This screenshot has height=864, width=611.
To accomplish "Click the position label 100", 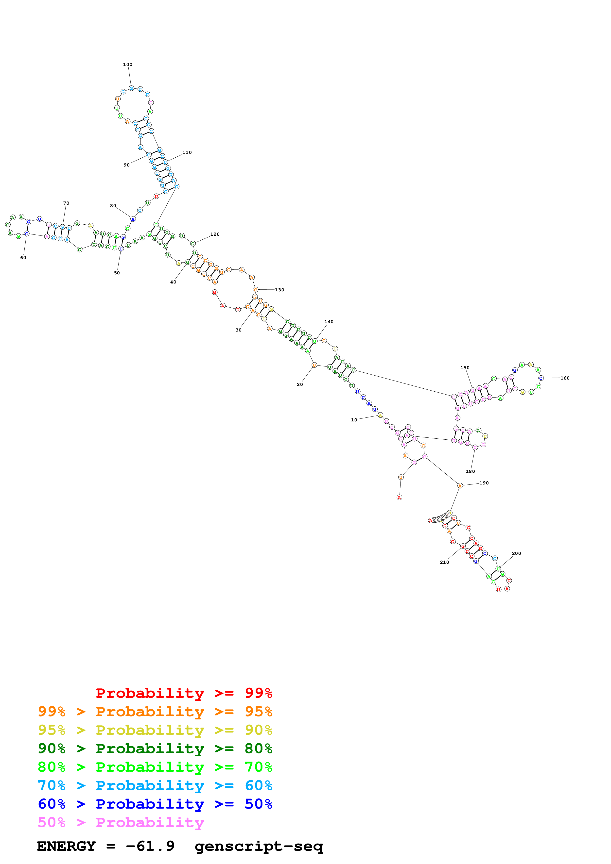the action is pyautogui.click(x=128, y=64).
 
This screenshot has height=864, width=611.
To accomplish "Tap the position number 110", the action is pyautogui.click(x=187, y=152).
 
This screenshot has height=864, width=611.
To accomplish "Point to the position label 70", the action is pyautogui.click(x=66, y=203).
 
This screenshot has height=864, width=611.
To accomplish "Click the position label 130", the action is pyautogui.click(x=279, y=290).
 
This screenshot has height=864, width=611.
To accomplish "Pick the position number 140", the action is pyautogui.click(x=329, y=322).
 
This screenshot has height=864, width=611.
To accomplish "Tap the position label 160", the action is pyautogui.click(x=565, y=378).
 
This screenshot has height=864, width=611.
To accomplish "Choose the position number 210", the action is pyautogui.click(x=444, y=562).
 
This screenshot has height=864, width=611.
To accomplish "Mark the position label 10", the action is pyautogui.click(x=354, y=420).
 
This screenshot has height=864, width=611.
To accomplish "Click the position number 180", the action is pyautogui.click(x=470, y=471).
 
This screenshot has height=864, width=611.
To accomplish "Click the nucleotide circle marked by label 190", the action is pyautogui.click(x=460, y=486).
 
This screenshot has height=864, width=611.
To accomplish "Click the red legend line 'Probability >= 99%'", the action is pyautogui.click(x=184, y=693).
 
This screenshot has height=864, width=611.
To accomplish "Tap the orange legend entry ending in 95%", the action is pyautogui.click(x=155, y=712).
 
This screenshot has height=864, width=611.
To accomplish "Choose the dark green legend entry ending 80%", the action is pyautogui.click(x=155, y=748).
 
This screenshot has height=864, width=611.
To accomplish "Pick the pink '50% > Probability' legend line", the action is pyautogui.click(x=121, y=823).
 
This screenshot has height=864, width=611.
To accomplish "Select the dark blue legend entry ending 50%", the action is pyautogui.click(x=155, y=804).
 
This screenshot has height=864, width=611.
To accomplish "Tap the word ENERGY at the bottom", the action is pyautogui.click(x=66, y=846).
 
